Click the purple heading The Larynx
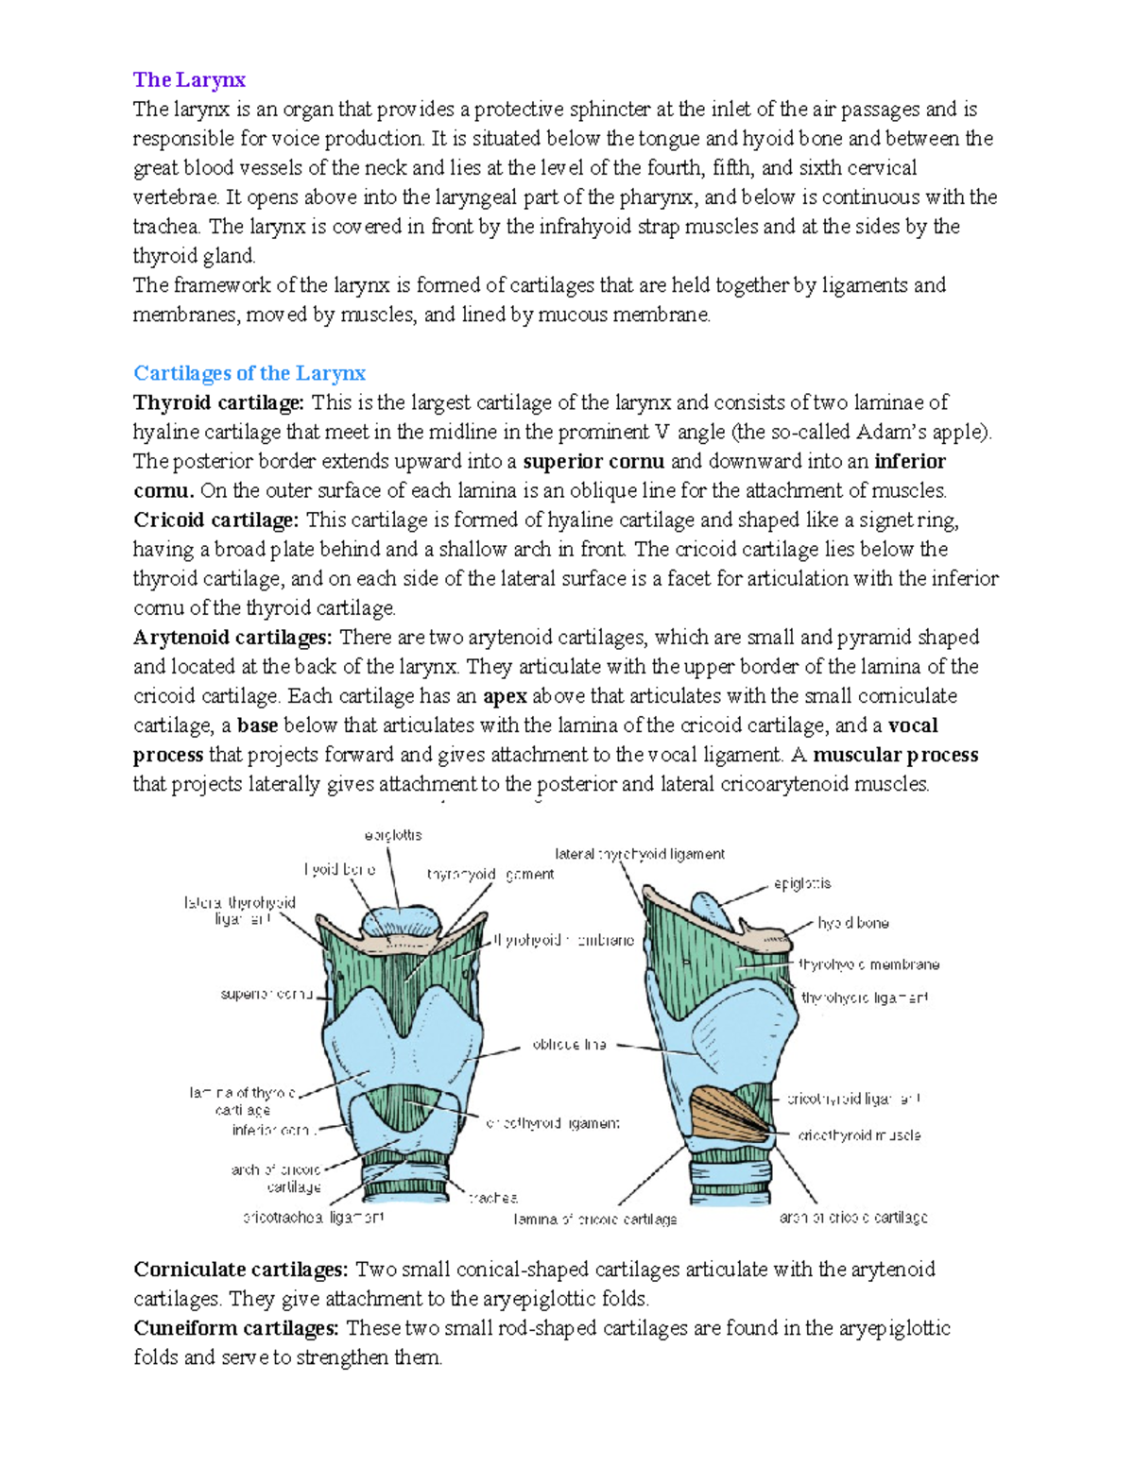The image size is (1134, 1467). click(189, 79)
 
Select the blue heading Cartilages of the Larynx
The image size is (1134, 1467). click(249, 373)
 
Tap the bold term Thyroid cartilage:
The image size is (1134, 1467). click(218, 402)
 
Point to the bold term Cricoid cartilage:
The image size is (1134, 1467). click(215, 520)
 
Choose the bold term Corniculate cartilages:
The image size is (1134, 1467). click(241, 1269)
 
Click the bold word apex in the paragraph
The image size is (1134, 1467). click(505, 696)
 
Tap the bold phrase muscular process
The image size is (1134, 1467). click(895, 755)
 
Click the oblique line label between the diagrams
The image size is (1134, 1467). click(569, 1045)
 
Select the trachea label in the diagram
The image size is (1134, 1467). click(493, 1198)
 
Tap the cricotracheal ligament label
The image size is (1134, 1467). click(314, 1218)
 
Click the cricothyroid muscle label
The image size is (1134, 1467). click(859, 1135)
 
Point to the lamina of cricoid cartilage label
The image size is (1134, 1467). click(595, 1220)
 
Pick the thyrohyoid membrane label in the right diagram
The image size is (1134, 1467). click(868, 964)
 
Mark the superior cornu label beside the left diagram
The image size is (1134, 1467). click(266, 995)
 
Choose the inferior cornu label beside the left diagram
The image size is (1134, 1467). click(271, 1130)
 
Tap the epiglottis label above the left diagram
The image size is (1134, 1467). click(393, 835)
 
